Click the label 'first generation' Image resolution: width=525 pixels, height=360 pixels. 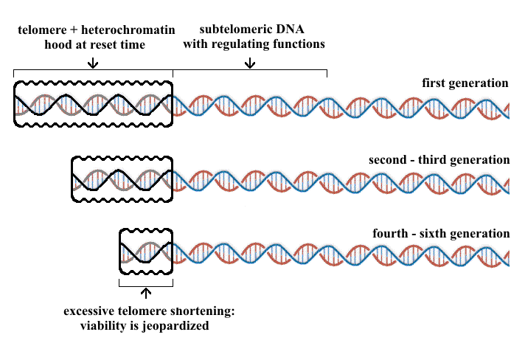[465, 83]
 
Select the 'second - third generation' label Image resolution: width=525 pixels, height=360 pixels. [439, 159]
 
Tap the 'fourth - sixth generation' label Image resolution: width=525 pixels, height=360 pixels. [441, 234]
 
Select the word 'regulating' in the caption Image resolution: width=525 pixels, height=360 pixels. [248, 44]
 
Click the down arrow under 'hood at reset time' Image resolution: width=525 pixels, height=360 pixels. [92, 63]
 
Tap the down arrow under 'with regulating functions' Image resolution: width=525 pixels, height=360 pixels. [250, 63]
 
